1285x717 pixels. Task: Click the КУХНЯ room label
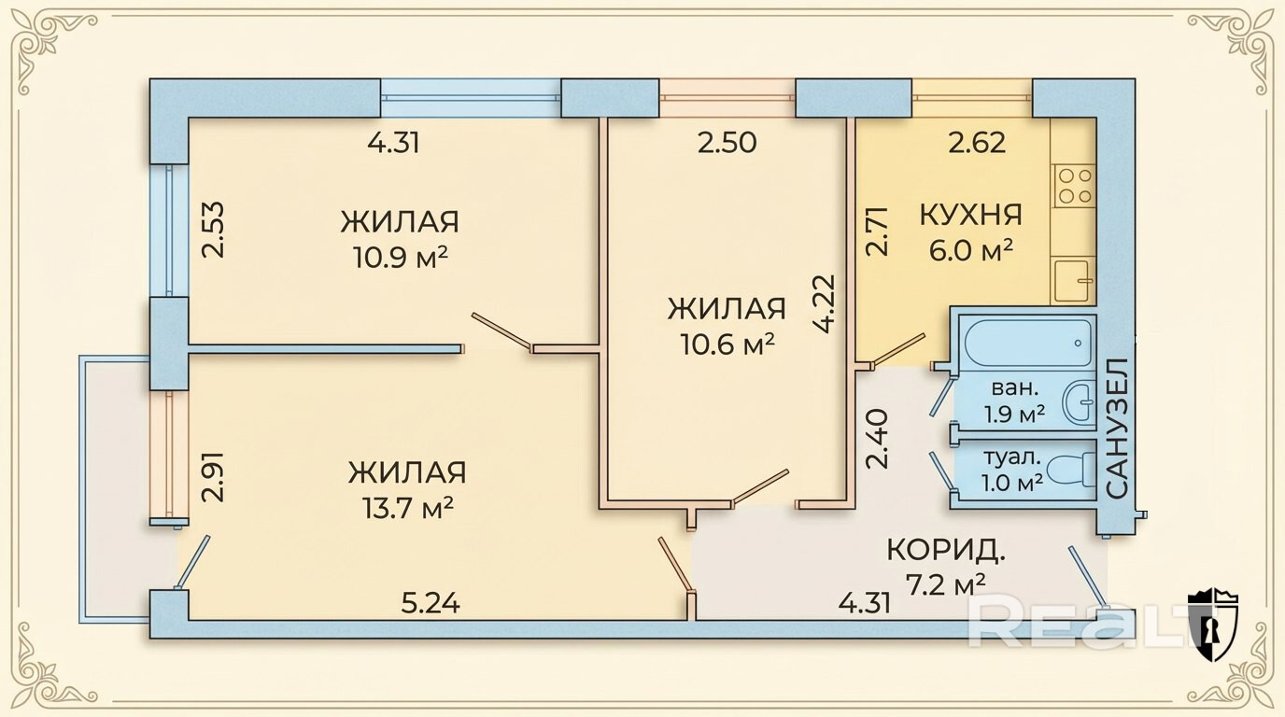click(x=970, y=214)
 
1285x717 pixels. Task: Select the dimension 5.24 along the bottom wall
click(x=430, y=604)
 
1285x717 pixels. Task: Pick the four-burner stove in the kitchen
click(x=1073, y=185)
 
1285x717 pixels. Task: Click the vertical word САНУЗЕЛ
click(x=1117, y=427)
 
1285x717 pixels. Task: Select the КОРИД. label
click(x=945, y=550)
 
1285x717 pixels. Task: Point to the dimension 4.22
click(x=824, y=303)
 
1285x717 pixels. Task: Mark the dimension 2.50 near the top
click(x=727, y=143)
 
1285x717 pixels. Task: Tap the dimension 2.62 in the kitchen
click(x=977, y=143)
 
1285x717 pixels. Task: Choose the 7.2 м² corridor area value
click(x=946, y=584)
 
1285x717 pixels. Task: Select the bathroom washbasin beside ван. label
click(x=1080, y=402)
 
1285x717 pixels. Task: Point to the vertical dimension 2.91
click(x=214, y=478)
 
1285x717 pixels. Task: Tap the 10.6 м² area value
click(x=727, y=344)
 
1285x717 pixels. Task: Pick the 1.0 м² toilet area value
click(x=1012, y=483)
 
